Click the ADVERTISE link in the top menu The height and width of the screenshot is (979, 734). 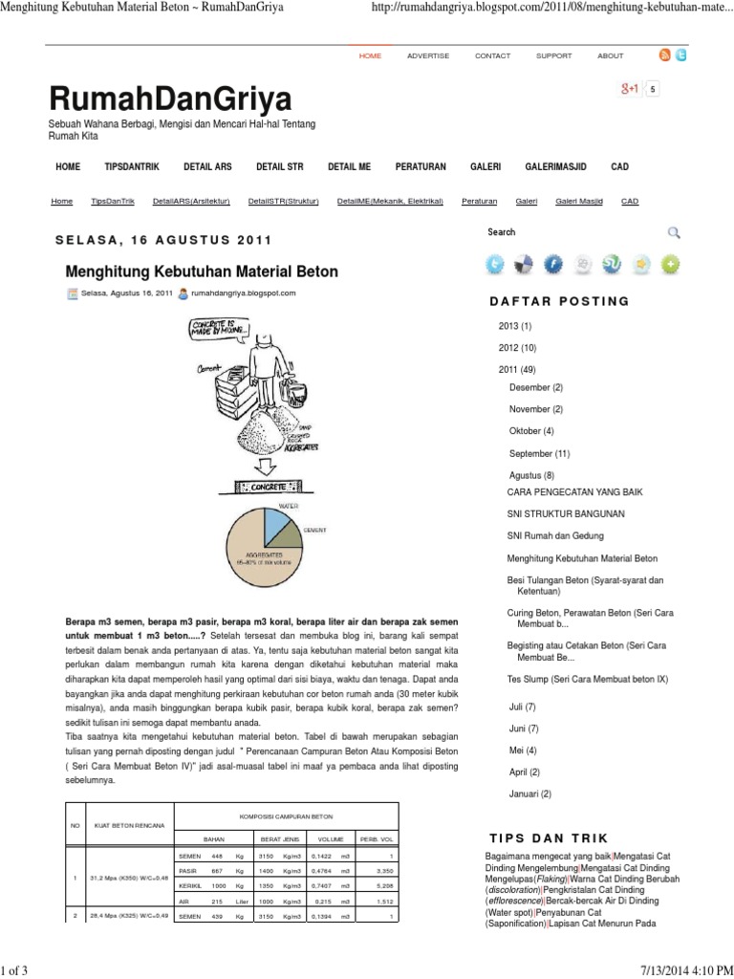pyautogui.click(x=427, y=56)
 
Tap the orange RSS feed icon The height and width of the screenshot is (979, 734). pyautogui.click(x=664, y=55)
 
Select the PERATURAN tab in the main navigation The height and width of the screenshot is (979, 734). pyautogui.click(x=420, y=166)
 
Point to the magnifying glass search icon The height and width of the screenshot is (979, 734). pyautogui.click(x=674, y=232)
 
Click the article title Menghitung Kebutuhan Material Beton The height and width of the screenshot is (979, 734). pyautogui.click(x=202, y=272)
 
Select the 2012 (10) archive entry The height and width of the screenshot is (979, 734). pyautogui.click(x=517, y=348)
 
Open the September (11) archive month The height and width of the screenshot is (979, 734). pyautogui.click(x=539, y=454)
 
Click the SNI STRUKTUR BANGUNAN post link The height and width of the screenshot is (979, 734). pyautogui.click(x=566, y=513)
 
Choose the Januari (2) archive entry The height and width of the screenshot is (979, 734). pyautogui.click(x=530, y=794)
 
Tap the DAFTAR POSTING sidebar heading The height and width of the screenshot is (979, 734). pyautogui.click(x=559, y=301)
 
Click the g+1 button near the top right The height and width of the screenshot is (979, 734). pyautogui.click(x=630, y=89)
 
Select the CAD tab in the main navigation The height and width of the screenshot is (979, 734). pyautogui.click(x=619, y=166)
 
